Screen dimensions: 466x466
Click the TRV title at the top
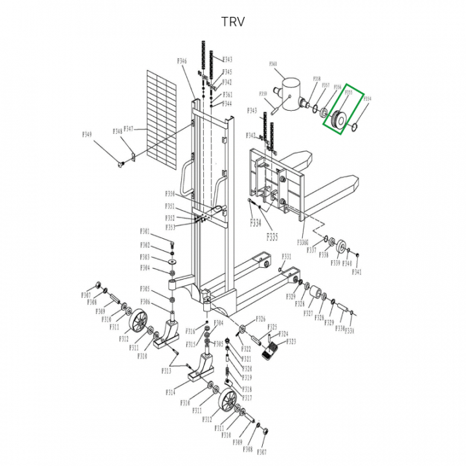233,21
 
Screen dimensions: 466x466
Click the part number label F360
272,64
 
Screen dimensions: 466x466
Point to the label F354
367,99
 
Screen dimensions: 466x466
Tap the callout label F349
87,135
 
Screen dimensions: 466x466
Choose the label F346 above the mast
181,61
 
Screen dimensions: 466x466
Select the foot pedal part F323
270,353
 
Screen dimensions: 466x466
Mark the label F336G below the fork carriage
304,242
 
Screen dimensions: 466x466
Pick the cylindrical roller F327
318,296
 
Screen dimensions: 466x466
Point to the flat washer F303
173,261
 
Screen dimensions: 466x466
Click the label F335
272,238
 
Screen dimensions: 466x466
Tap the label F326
261,319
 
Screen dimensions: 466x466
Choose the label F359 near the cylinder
263,94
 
